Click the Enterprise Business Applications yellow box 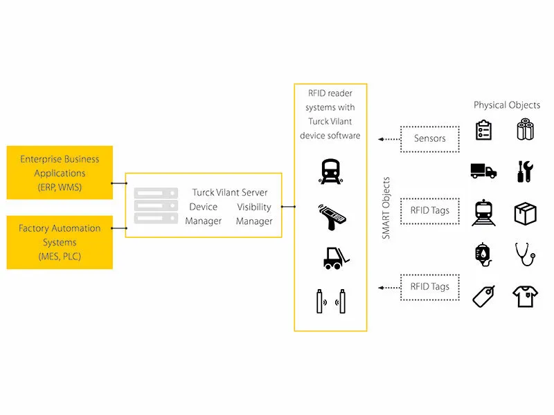[60, 172]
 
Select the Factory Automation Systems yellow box [60, 242]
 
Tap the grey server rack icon [156, 205]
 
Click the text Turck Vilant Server [230, 192]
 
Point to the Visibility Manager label [254, 214]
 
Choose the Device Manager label [203, 214]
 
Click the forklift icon [330, 257]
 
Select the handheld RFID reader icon [330, 215]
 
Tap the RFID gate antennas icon [330, 302]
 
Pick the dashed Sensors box [430, 138]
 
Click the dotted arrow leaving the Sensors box [389, 138]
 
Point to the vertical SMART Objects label [386, 207]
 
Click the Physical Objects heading [507, 105]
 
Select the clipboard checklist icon [484, 130]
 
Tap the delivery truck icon [483, 171]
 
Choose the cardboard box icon [526, 213]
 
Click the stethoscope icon [526, 254]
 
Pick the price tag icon [483, 297]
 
